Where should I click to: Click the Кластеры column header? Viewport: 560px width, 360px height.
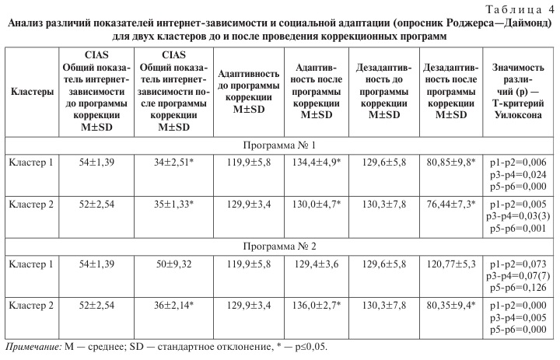(31, 92)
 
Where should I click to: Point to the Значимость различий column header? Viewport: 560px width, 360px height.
(515, 92)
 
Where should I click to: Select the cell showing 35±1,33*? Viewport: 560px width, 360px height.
(176, 204)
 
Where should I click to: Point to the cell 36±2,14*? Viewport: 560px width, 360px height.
(176, 304)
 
